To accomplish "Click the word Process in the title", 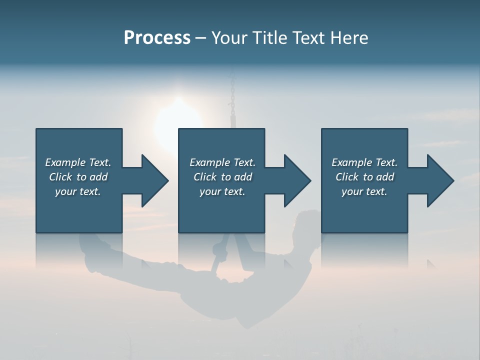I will click(x=157, y=38).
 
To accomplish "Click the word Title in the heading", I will click(x=269, y=38).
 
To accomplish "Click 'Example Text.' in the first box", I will click(x=78, y=162).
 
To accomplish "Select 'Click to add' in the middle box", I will click(x=222, y=177).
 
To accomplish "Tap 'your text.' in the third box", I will click(x=364, y=191).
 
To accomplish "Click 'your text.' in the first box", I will click(x=78, y=191).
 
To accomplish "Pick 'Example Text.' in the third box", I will click(x=364, y=162).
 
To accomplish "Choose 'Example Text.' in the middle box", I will click(x=222, y=162).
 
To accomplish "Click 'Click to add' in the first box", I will click(x=78, y=177).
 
